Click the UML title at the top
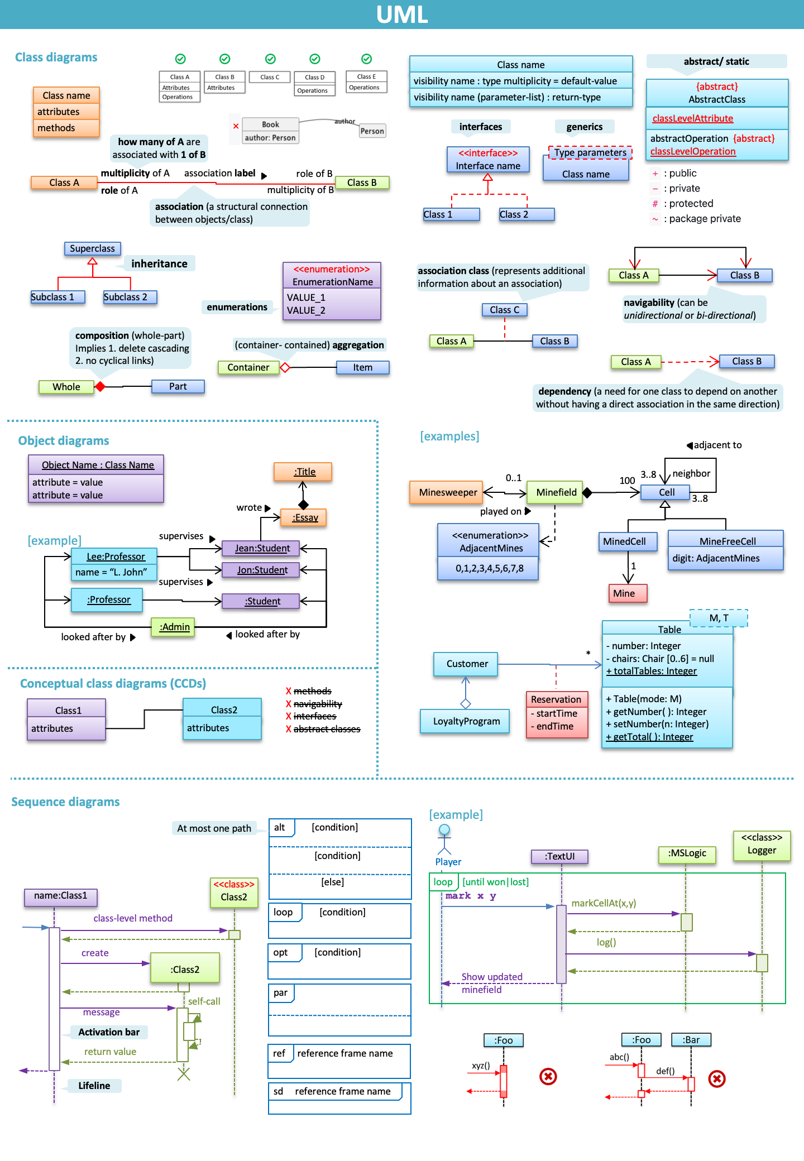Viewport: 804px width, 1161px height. tap(401, 15)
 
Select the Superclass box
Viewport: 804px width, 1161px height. tap(92, 248)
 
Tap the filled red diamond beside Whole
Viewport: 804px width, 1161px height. tap(100, 386)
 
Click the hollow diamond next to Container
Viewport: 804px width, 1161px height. tap(285, 367)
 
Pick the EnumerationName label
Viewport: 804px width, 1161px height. tap(332, 282)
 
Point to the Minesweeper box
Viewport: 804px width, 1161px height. tap(448, 492)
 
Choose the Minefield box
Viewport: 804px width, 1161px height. tap(556, 492)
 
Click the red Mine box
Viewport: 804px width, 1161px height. tap(628, 593)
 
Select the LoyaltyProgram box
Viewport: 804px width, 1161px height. tap(466, 721)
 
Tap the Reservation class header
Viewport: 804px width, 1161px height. tap(556, 699)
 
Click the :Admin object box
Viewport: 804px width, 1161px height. tap(174, 627)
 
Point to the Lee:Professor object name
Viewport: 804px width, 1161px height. tap(116, 556)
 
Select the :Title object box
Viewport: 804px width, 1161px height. tap(304, 472)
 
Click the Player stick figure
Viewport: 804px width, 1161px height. tap(444, 839)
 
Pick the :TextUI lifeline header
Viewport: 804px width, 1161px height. tap(560, 856)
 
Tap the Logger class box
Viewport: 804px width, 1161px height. tap(762, 845)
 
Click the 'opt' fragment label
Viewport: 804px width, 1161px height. tap(281, 952)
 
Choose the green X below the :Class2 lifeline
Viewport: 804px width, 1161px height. tap(184, 1073)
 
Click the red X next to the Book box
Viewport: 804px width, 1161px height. tap(236, 126)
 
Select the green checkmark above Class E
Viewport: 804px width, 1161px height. tap(367, 59)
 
